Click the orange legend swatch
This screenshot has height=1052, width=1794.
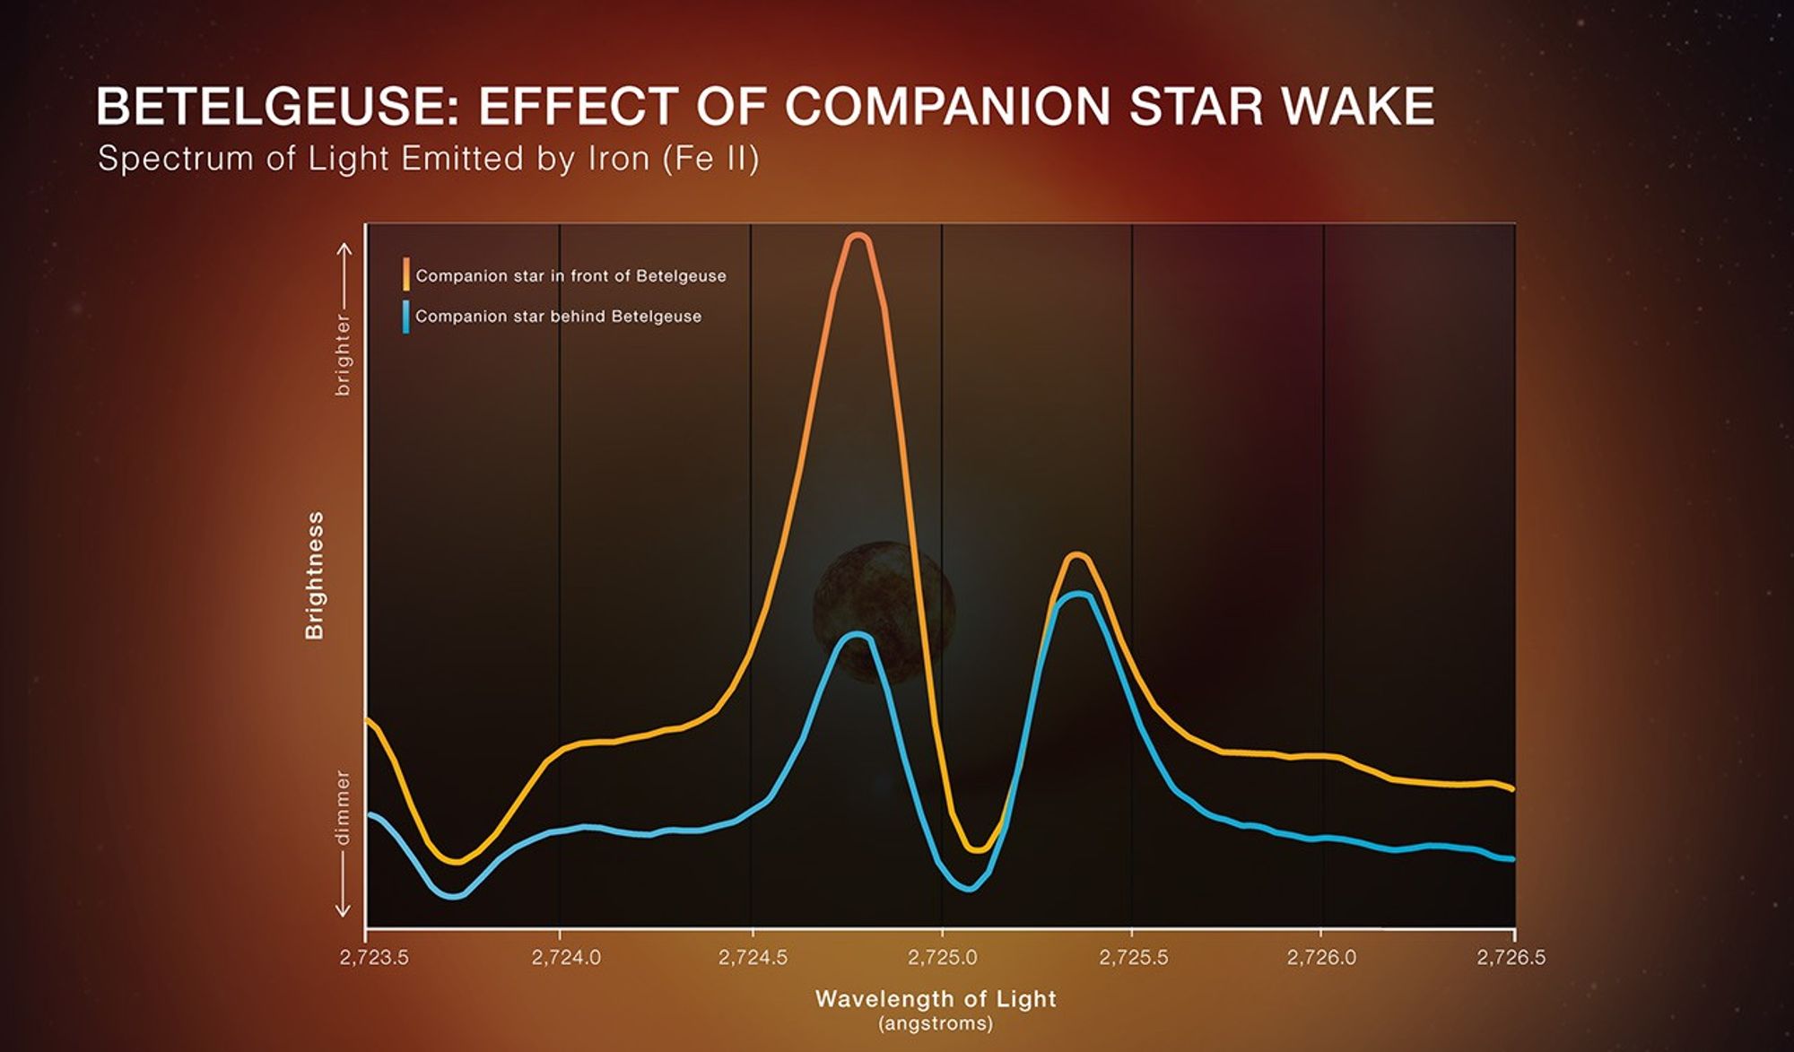406,274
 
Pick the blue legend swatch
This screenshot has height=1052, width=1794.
406,317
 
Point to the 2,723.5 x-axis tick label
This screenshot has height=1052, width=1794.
374,958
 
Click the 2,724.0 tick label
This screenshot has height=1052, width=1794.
566,958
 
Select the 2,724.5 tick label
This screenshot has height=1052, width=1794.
753,958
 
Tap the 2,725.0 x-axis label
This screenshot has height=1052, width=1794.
943,958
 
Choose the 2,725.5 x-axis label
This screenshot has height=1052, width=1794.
1134,958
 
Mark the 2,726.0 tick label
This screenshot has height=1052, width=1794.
1321,958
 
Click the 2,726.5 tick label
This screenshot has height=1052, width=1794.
1511,958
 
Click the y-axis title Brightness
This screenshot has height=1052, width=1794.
315,576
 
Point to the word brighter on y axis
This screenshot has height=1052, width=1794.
343,355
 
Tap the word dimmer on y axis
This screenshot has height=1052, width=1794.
343,807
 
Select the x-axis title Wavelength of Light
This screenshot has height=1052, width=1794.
936,999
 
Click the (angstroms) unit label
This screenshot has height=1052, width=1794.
936,1023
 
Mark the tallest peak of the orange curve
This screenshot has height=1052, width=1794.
858,237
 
